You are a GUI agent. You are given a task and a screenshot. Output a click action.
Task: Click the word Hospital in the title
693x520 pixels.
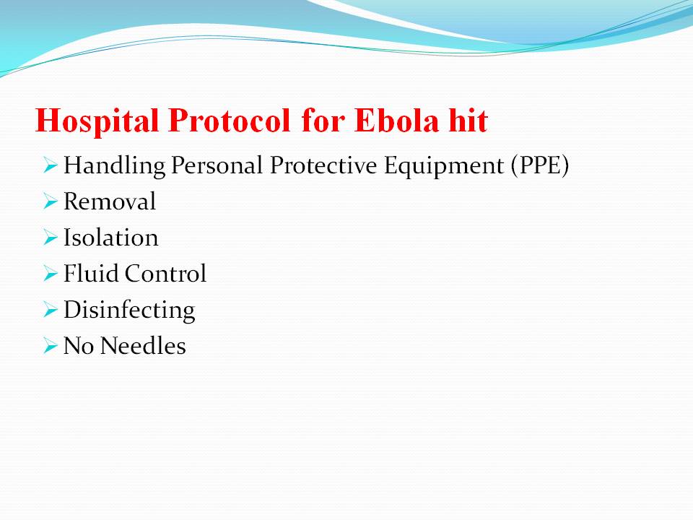[97, 121]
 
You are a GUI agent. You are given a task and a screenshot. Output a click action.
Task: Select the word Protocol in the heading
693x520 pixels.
[230, 121]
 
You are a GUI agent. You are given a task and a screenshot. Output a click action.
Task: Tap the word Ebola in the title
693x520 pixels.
[397, 121]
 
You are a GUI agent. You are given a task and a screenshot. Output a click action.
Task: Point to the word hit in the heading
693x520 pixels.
[468, 121]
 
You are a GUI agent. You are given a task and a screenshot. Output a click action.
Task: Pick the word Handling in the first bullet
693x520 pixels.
[115, 166]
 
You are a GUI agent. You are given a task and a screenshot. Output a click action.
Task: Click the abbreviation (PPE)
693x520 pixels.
[540, 166]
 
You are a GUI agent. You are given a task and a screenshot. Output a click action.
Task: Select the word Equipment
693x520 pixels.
[444, 166]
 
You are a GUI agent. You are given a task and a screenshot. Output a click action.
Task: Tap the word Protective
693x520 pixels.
[323, 165]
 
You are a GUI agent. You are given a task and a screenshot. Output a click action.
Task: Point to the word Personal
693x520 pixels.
[217, 165]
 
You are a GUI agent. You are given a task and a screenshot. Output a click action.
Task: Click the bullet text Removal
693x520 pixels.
[110, 201]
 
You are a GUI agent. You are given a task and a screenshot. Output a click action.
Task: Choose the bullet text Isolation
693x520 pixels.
[111, 238]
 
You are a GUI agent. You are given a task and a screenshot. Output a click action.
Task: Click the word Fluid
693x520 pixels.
[91, 273]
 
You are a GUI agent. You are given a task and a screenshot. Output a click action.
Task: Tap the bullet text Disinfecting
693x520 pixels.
[129, 311]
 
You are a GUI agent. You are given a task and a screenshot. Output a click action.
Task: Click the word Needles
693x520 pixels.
[143, 345]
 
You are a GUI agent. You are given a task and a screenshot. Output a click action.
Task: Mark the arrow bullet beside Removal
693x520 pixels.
[51, 201]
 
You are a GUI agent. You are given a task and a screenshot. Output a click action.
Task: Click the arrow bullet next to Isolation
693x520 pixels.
[51, 238]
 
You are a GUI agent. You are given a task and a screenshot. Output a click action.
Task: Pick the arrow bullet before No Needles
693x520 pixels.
[51, 346]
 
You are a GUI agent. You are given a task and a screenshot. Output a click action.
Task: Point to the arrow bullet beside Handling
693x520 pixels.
[51, 166]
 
